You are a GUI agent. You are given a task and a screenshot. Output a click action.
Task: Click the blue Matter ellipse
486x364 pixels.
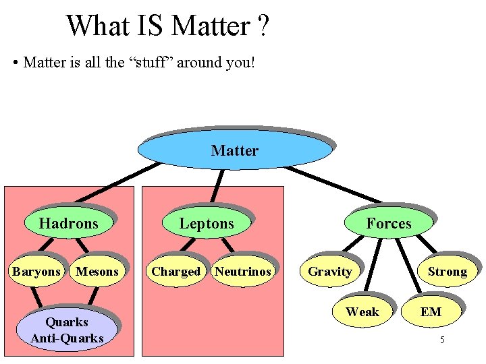(x=234, y=150)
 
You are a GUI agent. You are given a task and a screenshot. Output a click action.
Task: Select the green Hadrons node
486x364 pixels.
(x=68, y=223)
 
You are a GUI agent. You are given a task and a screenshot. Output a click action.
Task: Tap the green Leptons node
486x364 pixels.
(x=206, y=223)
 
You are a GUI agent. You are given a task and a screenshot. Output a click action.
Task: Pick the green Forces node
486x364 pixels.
(x=388, y=223)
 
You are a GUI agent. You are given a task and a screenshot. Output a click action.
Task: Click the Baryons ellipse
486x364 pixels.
(x=36, y=272)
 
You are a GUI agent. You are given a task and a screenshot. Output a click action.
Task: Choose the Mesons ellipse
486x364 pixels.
(x=97, y=272)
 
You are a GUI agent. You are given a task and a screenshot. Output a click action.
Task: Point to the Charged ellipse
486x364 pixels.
(x=175, y=272)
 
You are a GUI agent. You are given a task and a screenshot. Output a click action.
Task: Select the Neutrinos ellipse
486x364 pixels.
(x=242, y=272)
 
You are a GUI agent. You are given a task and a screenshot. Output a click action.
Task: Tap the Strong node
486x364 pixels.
(x=447, y=272)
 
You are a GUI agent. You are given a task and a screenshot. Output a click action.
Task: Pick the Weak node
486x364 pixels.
(x=362, y=311)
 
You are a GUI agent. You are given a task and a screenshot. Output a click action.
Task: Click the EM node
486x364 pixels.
(x=431, y=311)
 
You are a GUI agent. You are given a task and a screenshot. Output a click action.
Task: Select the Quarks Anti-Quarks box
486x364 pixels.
(x=67, y=330)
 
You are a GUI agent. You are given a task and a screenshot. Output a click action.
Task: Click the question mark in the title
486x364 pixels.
(x=263, y=26)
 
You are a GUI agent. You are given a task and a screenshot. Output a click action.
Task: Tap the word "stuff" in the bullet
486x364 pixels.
(x=155, y=63)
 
